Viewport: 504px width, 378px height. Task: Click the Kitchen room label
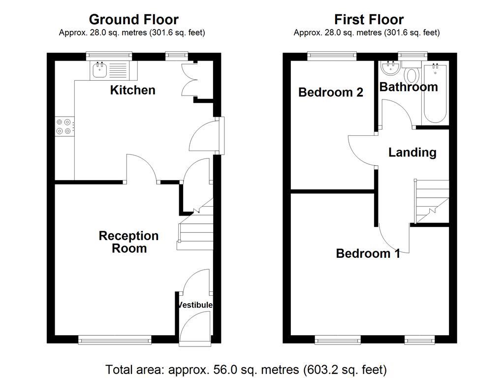133,91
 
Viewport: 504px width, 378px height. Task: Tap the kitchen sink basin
100,70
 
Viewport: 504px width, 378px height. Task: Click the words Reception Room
128,242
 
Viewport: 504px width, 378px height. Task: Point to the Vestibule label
195,305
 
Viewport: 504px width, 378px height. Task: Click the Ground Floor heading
134,20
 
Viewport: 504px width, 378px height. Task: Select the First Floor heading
369,20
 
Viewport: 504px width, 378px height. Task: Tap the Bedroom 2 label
331,92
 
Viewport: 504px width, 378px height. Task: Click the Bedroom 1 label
368,253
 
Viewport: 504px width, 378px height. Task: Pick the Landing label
412,153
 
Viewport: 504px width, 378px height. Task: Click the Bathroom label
409,87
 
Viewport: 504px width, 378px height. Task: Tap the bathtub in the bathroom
435,93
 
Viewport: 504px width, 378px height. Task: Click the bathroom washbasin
391,68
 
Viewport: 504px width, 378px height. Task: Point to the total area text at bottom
246,370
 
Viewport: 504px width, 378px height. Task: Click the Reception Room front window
115,340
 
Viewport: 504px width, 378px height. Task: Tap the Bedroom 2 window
332,56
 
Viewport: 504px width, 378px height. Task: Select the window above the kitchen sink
109,56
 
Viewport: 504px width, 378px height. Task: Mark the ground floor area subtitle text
132,32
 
